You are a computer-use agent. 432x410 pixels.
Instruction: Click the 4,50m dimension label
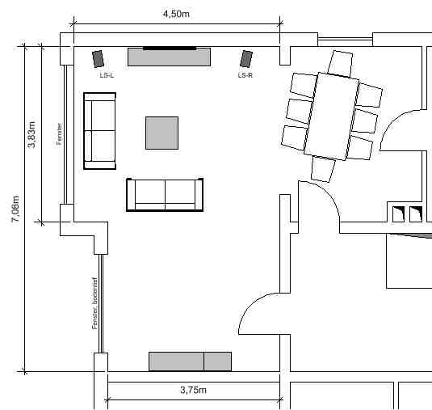(x=176, y=14)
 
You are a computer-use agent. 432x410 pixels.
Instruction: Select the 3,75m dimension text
(x=194, y=390)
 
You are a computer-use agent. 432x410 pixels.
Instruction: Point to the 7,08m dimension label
(x=15, y=209)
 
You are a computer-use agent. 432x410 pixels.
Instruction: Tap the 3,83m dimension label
(x=31, y=134)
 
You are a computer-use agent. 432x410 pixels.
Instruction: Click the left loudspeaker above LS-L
(x=98, y=59)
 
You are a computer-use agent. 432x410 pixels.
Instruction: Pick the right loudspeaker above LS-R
(x=246, y=59)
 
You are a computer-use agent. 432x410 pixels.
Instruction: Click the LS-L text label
(x=107, y=75)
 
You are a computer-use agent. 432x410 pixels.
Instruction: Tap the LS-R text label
(x=245, y=75)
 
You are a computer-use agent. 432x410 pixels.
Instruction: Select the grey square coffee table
(x=162, y=133)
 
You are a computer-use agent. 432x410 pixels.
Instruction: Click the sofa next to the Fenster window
(x=100, y=131)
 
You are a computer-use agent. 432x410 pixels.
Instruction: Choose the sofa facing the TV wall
(x=165, y=195)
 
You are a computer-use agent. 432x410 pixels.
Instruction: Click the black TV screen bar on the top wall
(x=170, y=49)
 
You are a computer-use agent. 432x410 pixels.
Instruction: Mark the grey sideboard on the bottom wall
(x=190, y=361)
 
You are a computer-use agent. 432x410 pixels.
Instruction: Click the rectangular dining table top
(x=332, y=116)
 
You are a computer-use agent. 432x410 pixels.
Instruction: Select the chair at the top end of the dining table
(x=341, y=64)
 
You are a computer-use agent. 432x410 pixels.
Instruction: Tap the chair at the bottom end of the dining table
(x=323, y=169)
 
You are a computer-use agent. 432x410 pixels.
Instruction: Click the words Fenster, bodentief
(x=94, y=303)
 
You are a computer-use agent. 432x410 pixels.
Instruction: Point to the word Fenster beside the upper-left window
(x=59, y=134)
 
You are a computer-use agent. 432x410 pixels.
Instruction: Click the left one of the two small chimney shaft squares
(x=398, y=214)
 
